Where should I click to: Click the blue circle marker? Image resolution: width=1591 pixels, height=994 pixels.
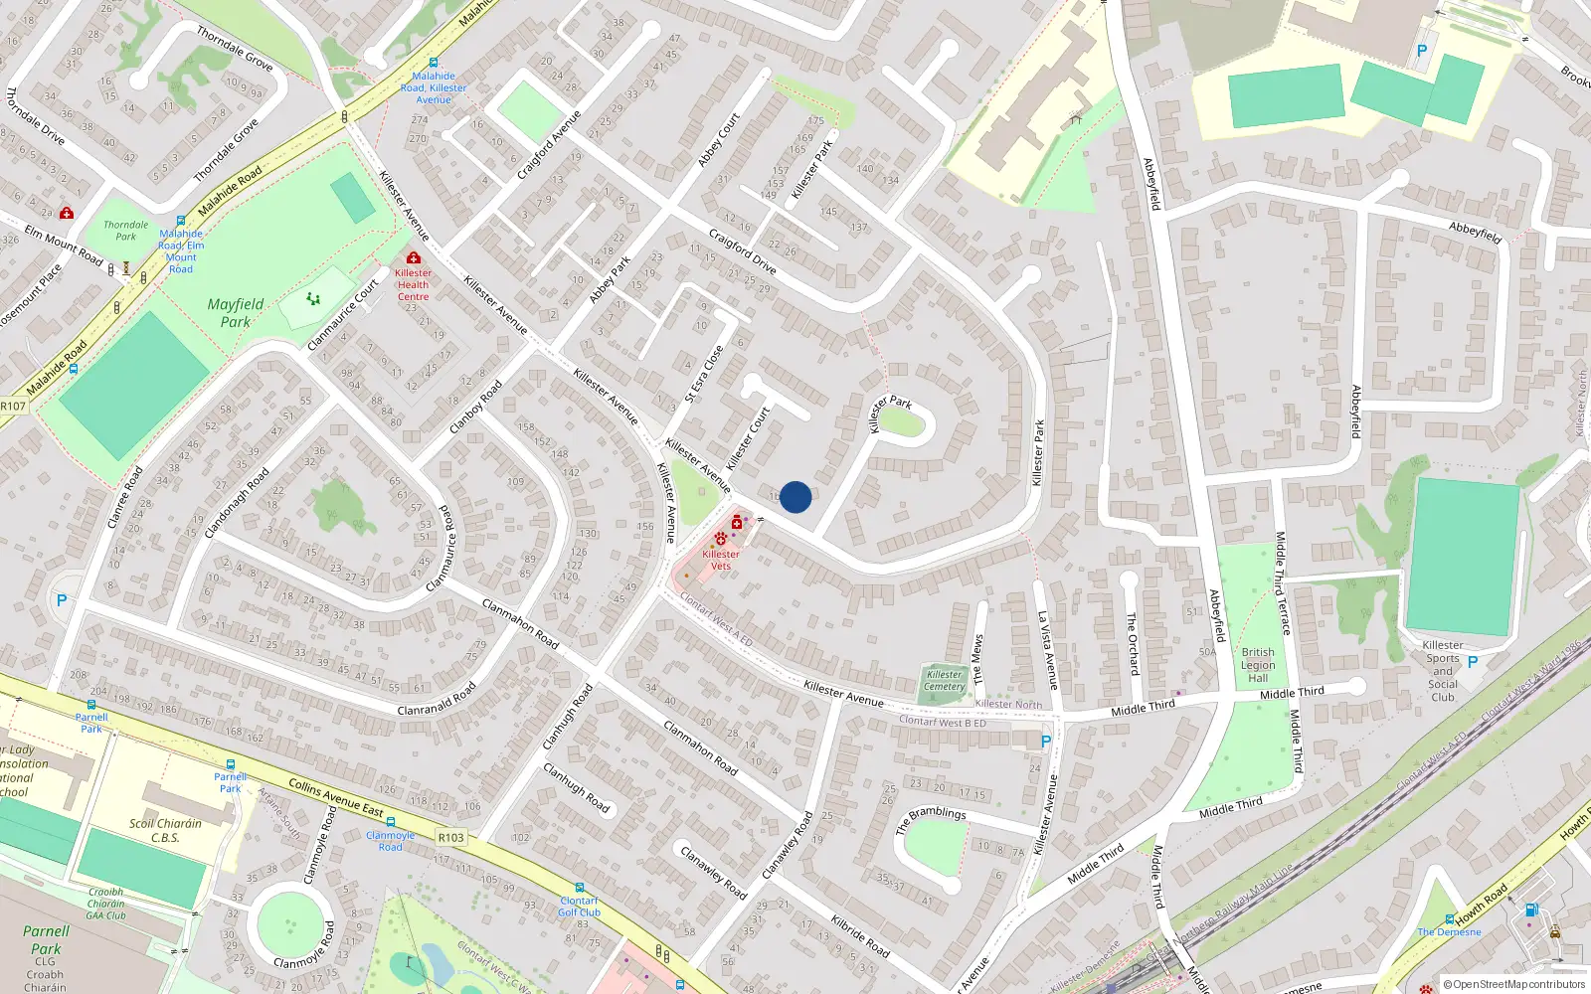click(795, 497)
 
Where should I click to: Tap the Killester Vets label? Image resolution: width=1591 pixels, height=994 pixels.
click(721, 560)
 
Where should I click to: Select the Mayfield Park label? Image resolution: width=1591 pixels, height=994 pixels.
click(236, 313)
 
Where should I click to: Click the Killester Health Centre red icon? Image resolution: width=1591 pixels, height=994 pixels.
click(414, 258)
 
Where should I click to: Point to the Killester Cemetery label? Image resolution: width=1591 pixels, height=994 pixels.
click(945, 680)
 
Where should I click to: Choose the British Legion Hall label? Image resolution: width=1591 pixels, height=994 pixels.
click(1258, 665)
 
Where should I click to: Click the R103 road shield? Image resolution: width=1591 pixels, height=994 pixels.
click(450, 837)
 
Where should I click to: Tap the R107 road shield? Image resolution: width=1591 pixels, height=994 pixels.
click(13, 406)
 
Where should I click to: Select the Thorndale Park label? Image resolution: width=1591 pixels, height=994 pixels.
click(126, 231)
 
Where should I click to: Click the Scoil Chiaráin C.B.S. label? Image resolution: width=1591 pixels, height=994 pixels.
click(165, 830)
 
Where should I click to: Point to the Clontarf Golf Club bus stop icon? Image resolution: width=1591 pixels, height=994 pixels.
click(579, 888)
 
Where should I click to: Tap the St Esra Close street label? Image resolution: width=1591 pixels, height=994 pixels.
click(704, 375)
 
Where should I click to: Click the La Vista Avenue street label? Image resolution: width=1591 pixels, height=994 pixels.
click(1047, 650)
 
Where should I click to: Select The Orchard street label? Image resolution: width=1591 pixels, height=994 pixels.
click(1132, 643)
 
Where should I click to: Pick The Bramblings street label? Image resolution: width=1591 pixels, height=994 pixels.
click(930, 819)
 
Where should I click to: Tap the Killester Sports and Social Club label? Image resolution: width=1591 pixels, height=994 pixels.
click(1443, 671)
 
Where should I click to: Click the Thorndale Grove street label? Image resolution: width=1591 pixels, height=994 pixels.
click(235, 49)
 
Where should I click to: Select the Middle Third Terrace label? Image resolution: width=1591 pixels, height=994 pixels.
click(1283, 582)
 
